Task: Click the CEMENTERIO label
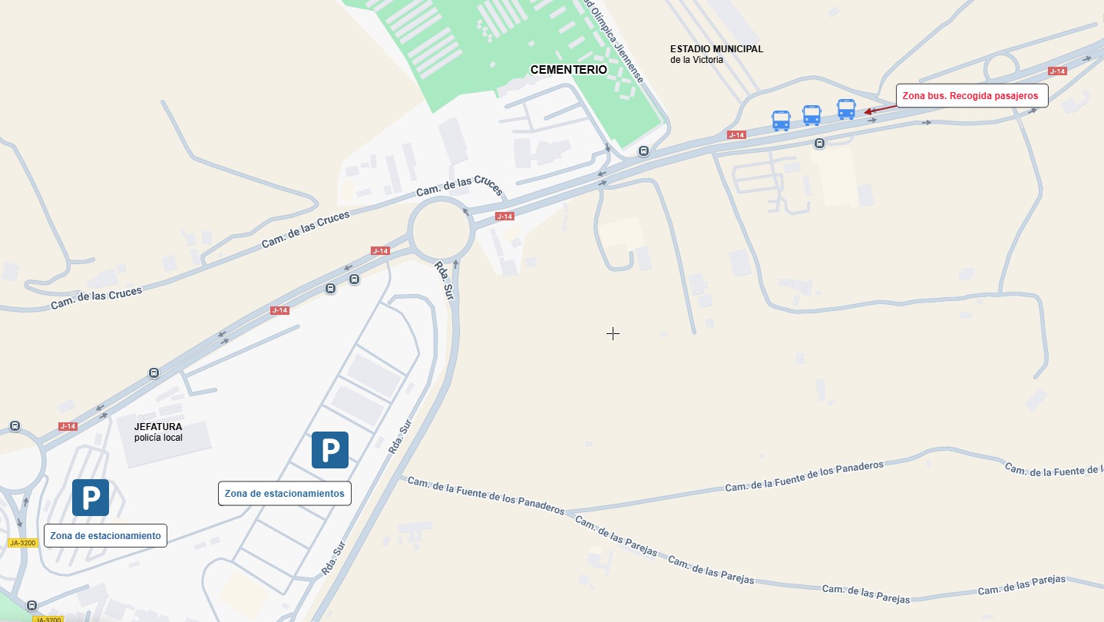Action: (568, 70)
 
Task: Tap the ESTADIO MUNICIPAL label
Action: (716, 49)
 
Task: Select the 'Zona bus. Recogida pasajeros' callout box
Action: (971, 96)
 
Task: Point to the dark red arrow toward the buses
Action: (879, 110)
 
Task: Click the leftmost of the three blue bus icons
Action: (781, 121)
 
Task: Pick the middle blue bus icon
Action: (811, 115)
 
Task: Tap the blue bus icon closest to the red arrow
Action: (846, 109)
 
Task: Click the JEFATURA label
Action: (158, 427)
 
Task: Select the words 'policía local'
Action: (158, 438)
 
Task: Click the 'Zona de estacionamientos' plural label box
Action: (284, 494)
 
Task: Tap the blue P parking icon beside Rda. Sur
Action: (330, 450)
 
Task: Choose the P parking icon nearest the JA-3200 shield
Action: (91, 498)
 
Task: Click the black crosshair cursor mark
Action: (613, 333)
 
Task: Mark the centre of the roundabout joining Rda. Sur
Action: (441, 230)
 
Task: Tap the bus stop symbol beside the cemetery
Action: (643, 151)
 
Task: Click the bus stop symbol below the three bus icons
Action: (820, 143)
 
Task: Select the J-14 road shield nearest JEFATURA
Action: (68, 426)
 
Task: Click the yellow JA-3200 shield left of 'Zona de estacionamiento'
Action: (22, 543)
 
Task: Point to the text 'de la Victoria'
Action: (696, 60)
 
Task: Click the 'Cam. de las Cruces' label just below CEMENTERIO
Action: (459, 186)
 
